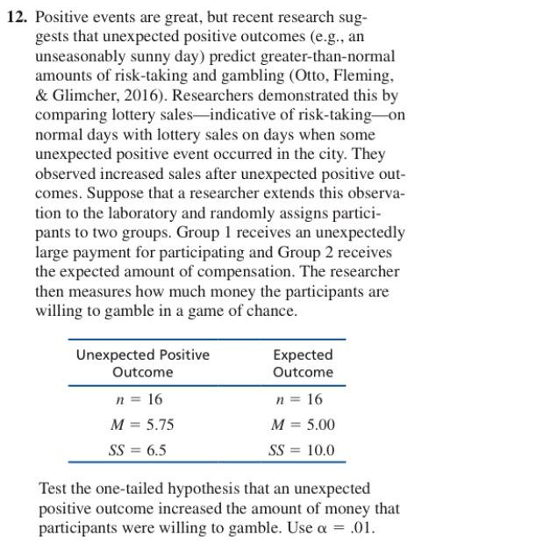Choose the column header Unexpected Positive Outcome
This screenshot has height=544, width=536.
[142, 363]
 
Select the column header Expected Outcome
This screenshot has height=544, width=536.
[303, 363]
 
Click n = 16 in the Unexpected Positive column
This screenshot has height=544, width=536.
[139, 399]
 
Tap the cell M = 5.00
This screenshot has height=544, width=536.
[304, 425]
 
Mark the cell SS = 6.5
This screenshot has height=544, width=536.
[139, 450]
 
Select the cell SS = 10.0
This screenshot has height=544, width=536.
[301, 450]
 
